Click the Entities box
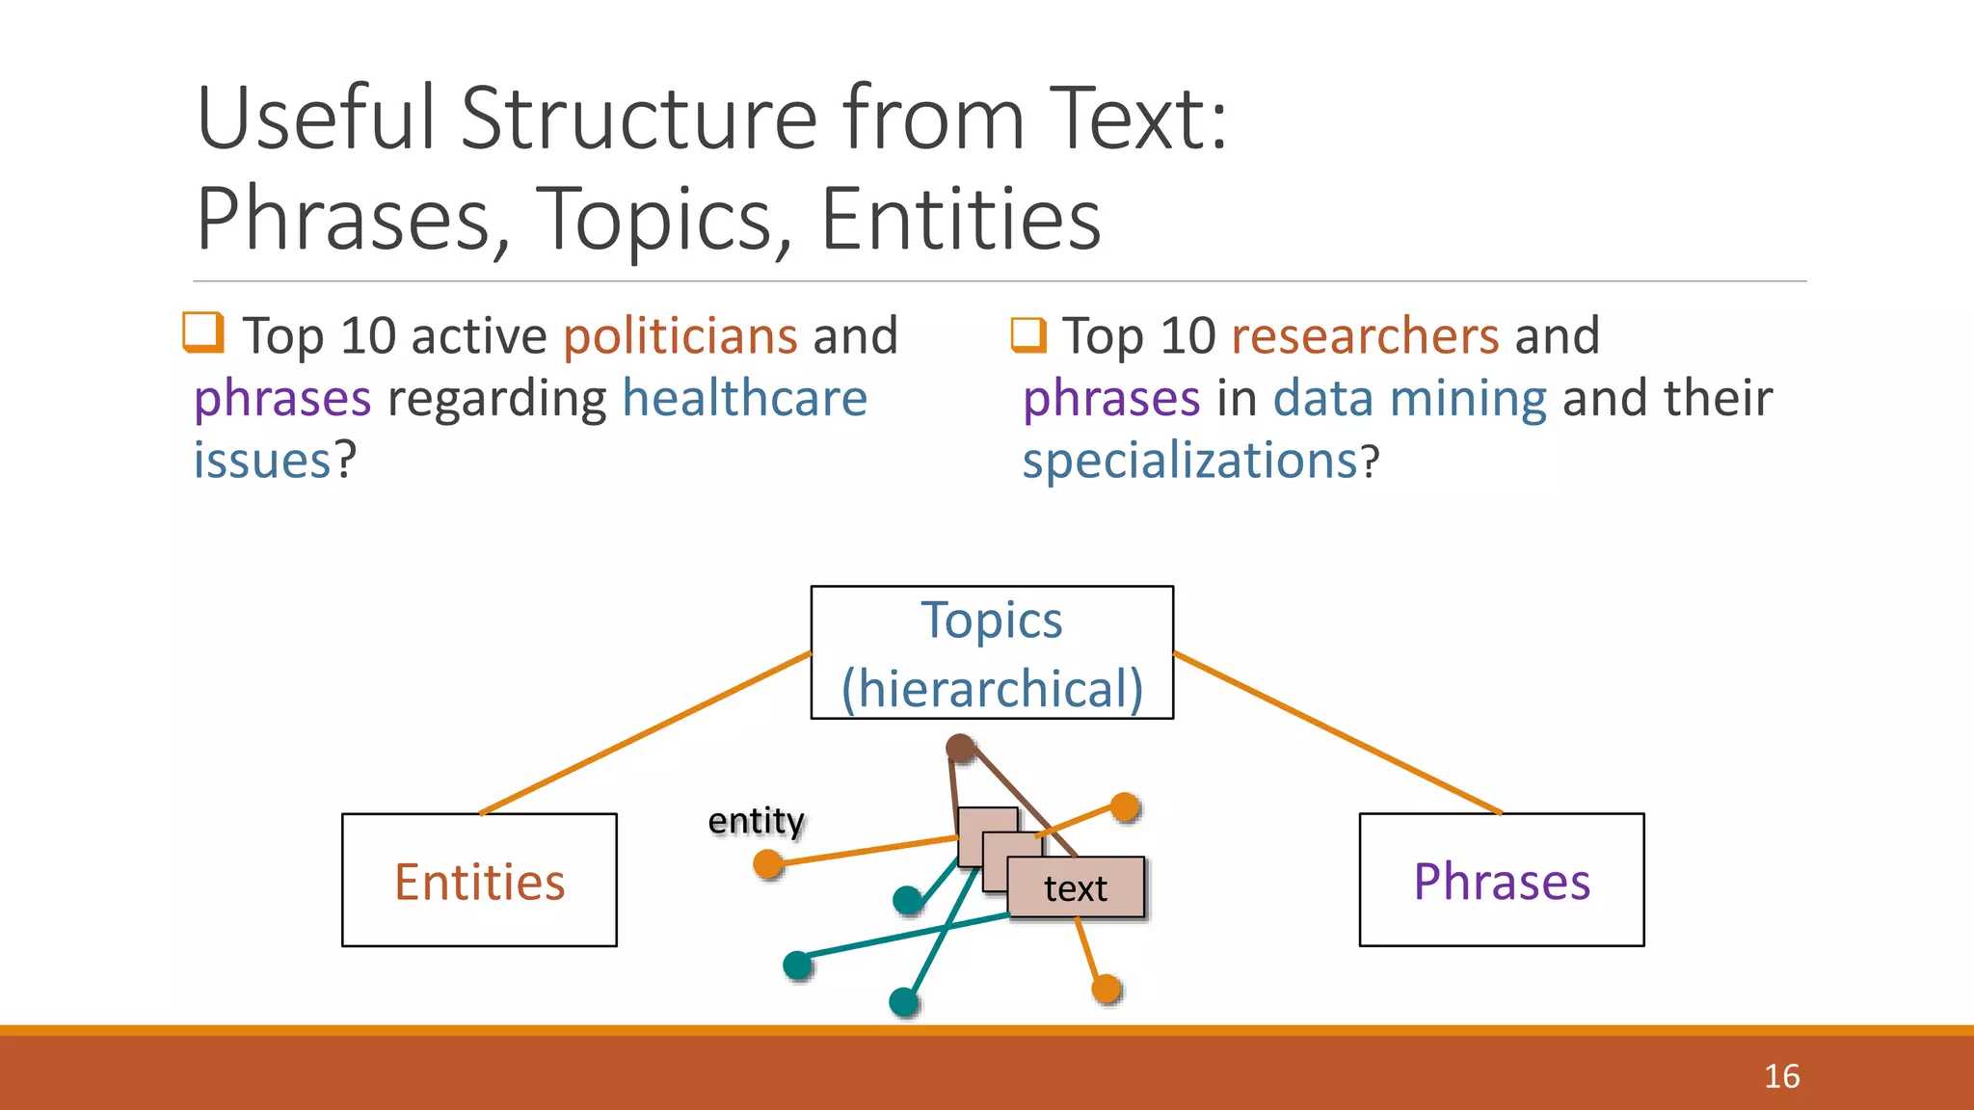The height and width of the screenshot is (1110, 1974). click(479, 880)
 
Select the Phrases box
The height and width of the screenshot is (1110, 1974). click(1501, 880)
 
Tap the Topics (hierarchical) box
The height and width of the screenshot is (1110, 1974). click(992, 652)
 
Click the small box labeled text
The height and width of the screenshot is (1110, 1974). click(1076, 887)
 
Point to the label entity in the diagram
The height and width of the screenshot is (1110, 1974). click(756, 820)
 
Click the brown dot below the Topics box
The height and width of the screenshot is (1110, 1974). click(960, 748)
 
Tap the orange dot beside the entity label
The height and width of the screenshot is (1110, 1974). click(768, 863)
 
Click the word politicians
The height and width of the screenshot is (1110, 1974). click(680, 336)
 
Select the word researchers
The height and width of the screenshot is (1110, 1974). click(1365, 336)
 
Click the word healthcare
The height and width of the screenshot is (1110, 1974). click(744, 399)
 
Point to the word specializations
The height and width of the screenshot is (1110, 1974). click(1190, 461)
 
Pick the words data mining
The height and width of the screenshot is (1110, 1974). click(1409, 399)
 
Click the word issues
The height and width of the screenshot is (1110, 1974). click(262, 461)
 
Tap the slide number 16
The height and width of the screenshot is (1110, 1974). click(1781, 1076)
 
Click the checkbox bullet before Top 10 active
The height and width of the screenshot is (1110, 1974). click(203, 332)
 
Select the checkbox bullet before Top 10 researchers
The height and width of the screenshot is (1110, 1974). click(1028, 334)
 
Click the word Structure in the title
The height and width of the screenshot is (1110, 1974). click(639, 119)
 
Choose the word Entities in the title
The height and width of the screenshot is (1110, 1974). click(960, 220)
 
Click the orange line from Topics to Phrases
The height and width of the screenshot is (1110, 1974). click(1337, 733)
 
